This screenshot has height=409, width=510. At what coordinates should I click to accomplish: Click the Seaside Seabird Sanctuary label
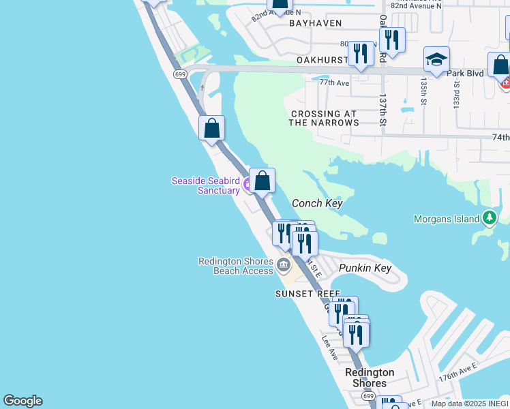point(205,185)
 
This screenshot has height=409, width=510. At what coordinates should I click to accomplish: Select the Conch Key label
point(316,203)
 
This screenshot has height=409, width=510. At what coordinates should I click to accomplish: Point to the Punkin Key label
point(365,268)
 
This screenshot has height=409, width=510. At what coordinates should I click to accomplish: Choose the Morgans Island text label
point(447,219)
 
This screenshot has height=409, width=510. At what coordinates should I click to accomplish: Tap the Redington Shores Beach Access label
point(236,266)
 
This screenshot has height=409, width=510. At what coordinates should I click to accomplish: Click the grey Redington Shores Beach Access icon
point(284,264)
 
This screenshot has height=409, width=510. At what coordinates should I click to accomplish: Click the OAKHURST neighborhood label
point(322,60)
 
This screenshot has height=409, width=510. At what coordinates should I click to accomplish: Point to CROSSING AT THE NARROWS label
point(323,119)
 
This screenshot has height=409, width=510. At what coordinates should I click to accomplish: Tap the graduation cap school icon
point(436,59)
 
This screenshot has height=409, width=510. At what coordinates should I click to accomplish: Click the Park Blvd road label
point(464,72)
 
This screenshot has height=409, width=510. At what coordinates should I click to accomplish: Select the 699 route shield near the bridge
point(180,74)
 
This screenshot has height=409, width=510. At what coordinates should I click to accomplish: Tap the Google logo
point(22,401)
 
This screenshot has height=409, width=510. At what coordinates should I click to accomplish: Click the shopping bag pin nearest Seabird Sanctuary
point(262,181)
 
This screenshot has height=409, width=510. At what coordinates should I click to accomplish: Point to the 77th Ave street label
point(334,83)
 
